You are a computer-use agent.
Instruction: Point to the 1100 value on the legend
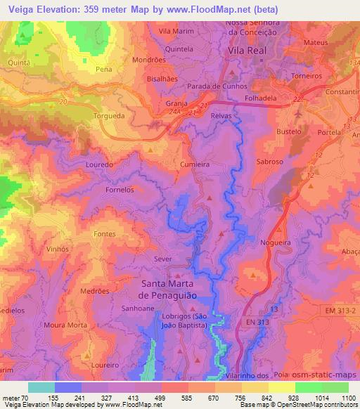tap(348, 397)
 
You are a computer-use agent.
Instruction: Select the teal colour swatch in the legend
tap(41, 387)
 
